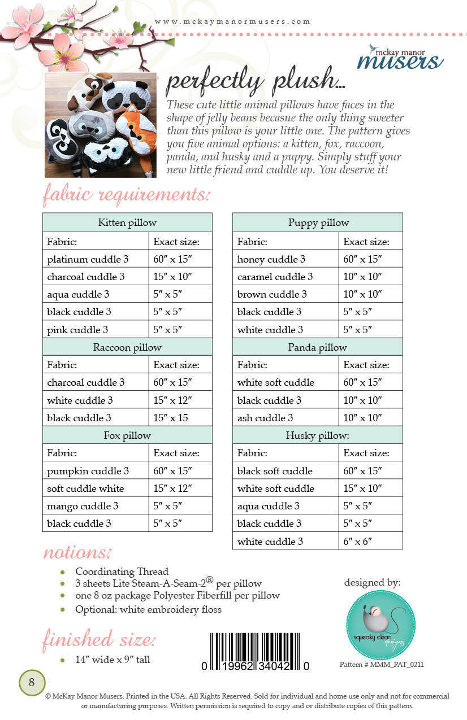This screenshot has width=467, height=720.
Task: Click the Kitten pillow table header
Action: click(127, 222)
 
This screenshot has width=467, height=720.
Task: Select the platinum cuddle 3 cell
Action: click(88, 259)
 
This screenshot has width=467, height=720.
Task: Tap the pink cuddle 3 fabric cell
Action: click(77, 329)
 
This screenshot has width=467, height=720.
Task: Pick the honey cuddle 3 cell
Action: click(271, 259)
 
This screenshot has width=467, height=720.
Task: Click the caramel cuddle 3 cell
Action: click(275, 277)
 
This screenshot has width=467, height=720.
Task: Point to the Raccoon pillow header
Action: click(127, 347)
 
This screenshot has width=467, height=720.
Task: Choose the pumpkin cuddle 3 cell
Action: click(88, 470)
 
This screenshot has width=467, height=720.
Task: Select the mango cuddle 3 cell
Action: click(83, 506)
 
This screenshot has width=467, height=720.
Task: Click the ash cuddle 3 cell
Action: click(265, 418)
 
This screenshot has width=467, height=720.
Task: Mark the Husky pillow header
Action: click(317, 435)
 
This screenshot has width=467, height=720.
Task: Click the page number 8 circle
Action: click(32, 682)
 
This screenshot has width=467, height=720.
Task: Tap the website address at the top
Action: click(232, 22)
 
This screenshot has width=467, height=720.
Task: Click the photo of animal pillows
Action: click(101, 124)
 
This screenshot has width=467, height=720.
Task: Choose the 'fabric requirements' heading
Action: click(127, 195)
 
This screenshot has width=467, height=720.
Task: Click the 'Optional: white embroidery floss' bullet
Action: click(148, 609)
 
